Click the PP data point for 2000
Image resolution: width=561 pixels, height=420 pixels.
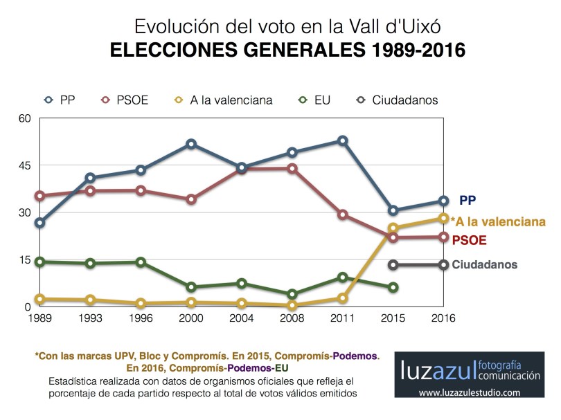click(191, 144)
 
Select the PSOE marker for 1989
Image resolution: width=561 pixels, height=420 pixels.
click(40, 196)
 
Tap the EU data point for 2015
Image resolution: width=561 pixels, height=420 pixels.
click(393, 287)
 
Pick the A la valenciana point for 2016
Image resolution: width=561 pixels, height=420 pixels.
click(443, 219)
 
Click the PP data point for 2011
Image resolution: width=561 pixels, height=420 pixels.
click(342, 140)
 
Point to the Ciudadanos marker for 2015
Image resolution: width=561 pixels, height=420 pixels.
click(393, 265)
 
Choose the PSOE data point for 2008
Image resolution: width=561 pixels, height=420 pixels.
click(292, 168)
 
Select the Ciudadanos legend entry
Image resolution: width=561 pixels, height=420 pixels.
click(395, 100)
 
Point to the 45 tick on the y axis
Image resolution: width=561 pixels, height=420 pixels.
click(25, 165)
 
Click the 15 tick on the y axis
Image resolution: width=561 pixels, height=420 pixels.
click(25, 259)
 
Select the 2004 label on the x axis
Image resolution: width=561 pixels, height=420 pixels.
click(242, 318)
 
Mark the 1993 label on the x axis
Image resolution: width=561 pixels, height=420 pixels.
click(91, 318)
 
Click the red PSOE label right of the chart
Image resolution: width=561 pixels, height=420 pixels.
click(469, 241)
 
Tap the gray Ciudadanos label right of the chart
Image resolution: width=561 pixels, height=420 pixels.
click(484, 264)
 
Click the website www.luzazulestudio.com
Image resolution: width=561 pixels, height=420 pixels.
click(469, 392)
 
